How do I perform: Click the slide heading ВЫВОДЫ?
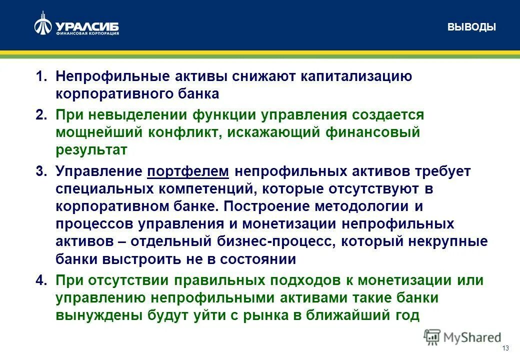(471, 27)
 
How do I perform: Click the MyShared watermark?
(462, 337)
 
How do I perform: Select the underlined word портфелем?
(188, 171)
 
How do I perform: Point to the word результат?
(91, 150)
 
